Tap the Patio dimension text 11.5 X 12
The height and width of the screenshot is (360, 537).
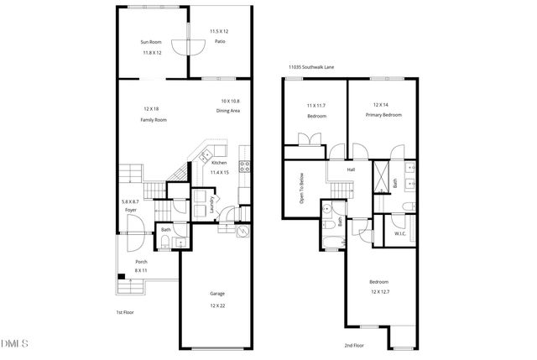(x=219, y=31)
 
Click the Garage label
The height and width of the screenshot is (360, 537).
(x=216, y=294)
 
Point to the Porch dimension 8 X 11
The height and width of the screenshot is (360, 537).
(x=141, y=271)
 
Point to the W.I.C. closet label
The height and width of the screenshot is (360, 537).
(x=400, y=234)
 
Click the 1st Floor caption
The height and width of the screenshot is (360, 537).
(x=126, y=312)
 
